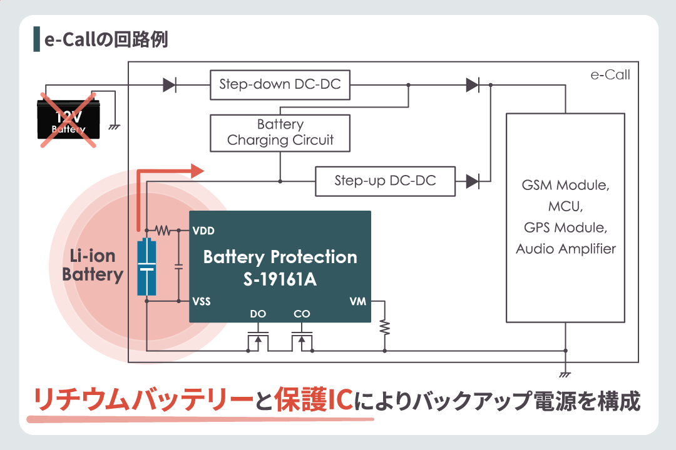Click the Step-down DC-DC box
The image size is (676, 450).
tap(280, 84)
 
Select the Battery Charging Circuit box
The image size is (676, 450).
tap(280, 132)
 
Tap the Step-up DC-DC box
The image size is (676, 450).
tap(385, 181)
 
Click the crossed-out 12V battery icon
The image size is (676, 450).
tap(69, 121)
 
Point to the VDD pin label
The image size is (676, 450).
tap(204, 231)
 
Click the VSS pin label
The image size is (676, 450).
tap(202, 301)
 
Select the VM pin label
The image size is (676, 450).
tap(358, 301)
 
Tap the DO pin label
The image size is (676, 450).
tap(258, 314)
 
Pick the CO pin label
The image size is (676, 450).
tap(302, 314)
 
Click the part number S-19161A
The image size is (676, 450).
tap(280, 279)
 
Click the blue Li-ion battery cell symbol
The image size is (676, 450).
tap(146, 266)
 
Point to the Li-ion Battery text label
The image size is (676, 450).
tap(93, 265)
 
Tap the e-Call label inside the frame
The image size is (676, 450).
tap(610, 75)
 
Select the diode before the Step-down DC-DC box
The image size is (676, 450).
tap(169, 85)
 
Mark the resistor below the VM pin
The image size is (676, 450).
tap(385, 327)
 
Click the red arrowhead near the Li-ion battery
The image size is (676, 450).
tap(197, 170)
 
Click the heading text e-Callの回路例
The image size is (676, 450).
tap(106, 39)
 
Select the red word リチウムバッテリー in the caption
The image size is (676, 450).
tap(138, 401)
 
